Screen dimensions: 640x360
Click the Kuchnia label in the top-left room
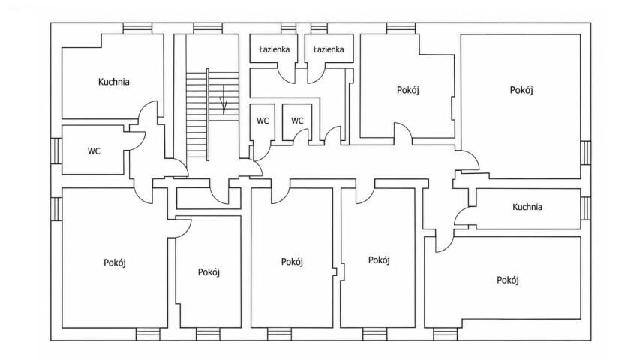114,82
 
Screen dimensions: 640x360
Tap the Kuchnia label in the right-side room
527,207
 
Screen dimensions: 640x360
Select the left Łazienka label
275,49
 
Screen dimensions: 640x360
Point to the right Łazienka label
328,49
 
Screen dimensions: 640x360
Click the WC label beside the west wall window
94,151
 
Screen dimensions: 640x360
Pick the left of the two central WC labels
263,121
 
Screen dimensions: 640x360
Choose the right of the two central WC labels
297,121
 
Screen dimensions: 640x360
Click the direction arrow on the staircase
224,99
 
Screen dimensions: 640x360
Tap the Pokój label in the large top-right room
521,90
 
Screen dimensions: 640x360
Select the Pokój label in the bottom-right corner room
508,280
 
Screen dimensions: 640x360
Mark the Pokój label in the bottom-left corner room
114,262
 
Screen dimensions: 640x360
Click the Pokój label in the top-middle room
408,90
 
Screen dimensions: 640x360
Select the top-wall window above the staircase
208,28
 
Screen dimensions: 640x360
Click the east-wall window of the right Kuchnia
586,208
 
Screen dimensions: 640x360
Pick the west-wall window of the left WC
56,151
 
